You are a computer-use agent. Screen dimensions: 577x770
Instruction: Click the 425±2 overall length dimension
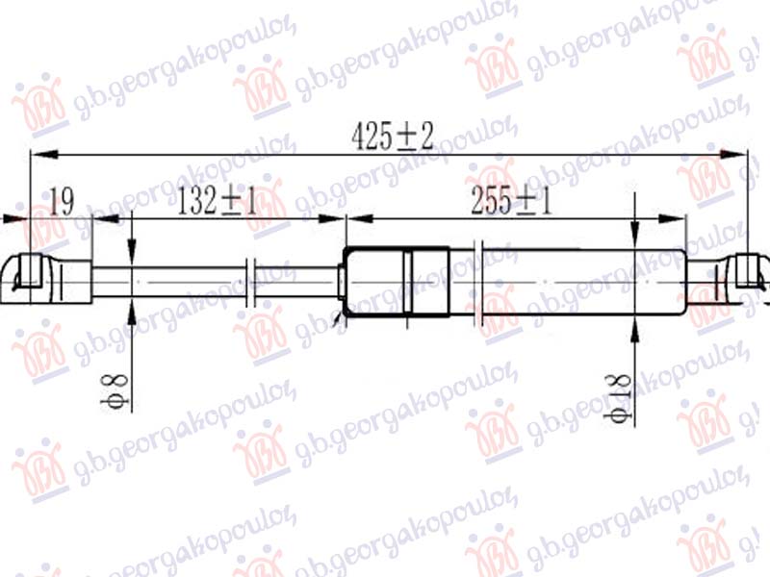[392, 138]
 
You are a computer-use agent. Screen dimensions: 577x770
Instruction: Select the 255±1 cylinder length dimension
[511, 202]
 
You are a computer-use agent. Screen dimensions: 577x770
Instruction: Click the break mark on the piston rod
[251, 282]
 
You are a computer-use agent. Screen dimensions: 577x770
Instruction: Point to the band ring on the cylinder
[407, 281]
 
